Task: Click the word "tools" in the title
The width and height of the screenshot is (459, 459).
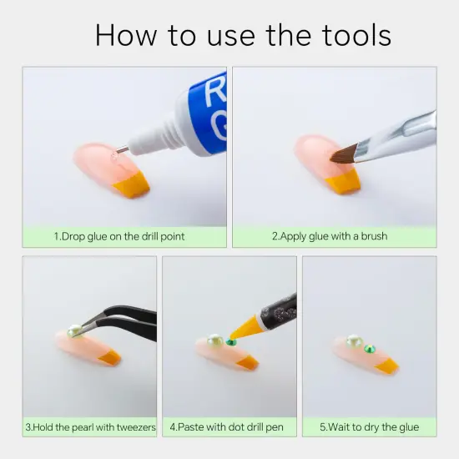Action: (x=356, y=35)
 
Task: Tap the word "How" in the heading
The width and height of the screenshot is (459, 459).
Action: (x=126, y=35)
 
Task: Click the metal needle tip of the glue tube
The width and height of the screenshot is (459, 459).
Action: (x=122, y=150)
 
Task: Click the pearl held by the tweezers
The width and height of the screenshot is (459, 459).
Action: (x=73, y=331)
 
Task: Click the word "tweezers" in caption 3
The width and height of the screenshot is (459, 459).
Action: (x=136, y=427)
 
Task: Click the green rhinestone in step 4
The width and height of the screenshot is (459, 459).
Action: (x=231, y=341)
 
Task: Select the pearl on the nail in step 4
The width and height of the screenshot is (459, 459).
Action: (x=214, y=340)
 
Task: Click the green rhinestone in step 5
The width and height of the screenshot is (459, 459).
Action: (x=370, y=349)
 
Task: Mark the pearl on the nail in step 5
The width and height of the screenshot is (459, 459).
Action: (x=354, y=341)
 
